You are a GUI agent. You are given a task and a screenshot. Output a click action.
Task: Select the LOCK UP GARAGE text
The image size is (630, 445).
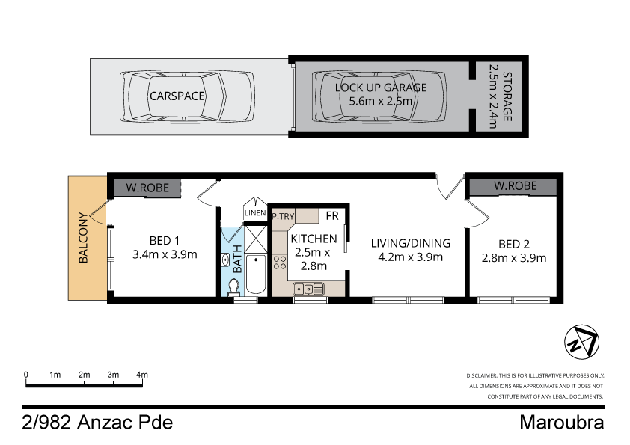click(381, 87)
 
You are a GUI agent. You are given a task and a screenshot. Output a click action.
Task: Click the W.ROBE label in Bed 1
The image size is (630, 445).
click(147, 187)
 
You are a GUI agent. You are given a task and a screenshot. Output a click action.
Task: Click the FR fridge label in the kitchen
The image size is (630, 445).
click(333, 216)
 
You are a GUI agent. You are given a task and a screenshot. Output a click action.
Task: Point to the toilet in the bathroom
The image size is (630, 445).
click(233, 286)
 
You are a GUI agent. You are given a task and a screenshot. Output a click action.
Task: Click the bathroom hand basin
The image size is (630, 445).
click(226, 260)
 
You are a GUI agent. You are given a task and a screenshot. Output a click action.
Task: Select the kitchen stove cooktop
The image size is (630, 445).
click(280, 263)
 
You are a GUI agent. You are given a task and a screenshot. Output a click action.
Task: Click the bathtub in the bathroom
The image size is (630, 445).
click(255, 275)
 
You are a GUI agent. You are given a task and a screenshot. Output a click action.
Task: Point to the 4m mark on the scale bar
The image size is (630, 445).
click(142, 374)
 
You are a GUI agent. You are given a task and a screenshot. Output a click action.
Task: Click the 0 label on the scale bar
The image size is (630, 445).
click(26, 374)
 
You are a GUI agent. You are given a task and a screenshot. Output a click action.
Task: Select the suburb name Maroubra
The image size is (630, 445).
click(561, 423)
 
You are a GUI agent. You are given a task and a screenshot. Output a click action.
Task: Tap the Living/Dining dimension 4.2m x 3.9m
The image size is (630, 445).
click(411, 257)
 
